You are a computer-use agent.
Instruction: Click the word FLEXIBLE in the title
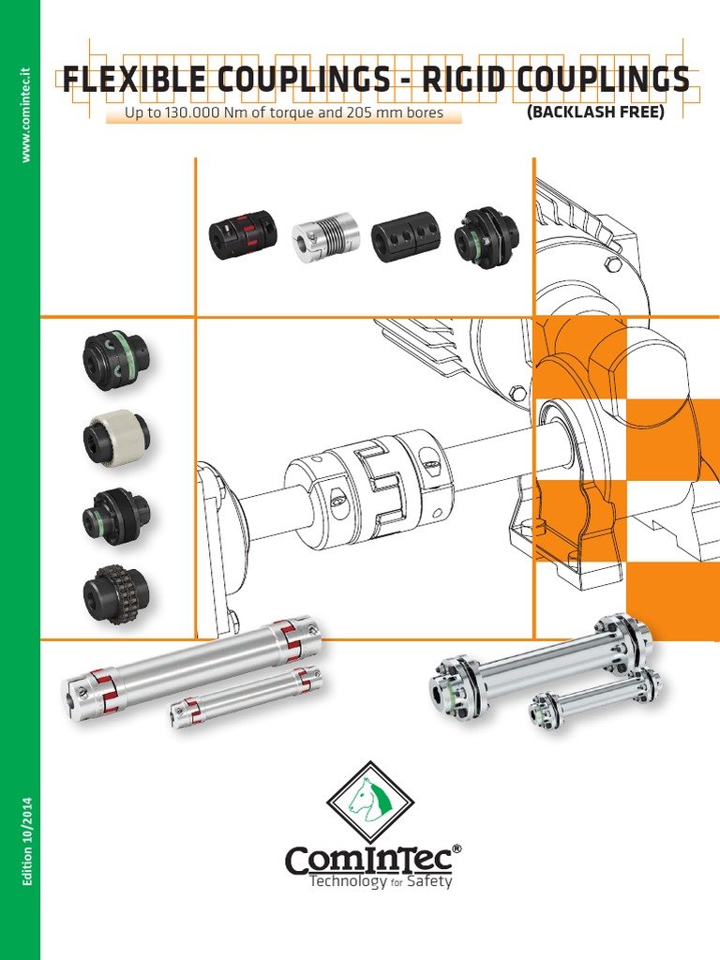pos(142,81)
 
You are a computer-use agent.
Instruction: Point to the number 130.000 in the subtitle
pos(192,114)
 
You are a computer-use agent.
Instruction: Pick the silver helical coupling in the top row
pos(324,238)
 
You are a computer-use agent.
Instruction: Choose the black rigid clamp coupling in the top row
pos(404,238)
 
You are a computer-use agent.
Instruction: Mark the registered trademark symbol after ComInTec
pos(457,847)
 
